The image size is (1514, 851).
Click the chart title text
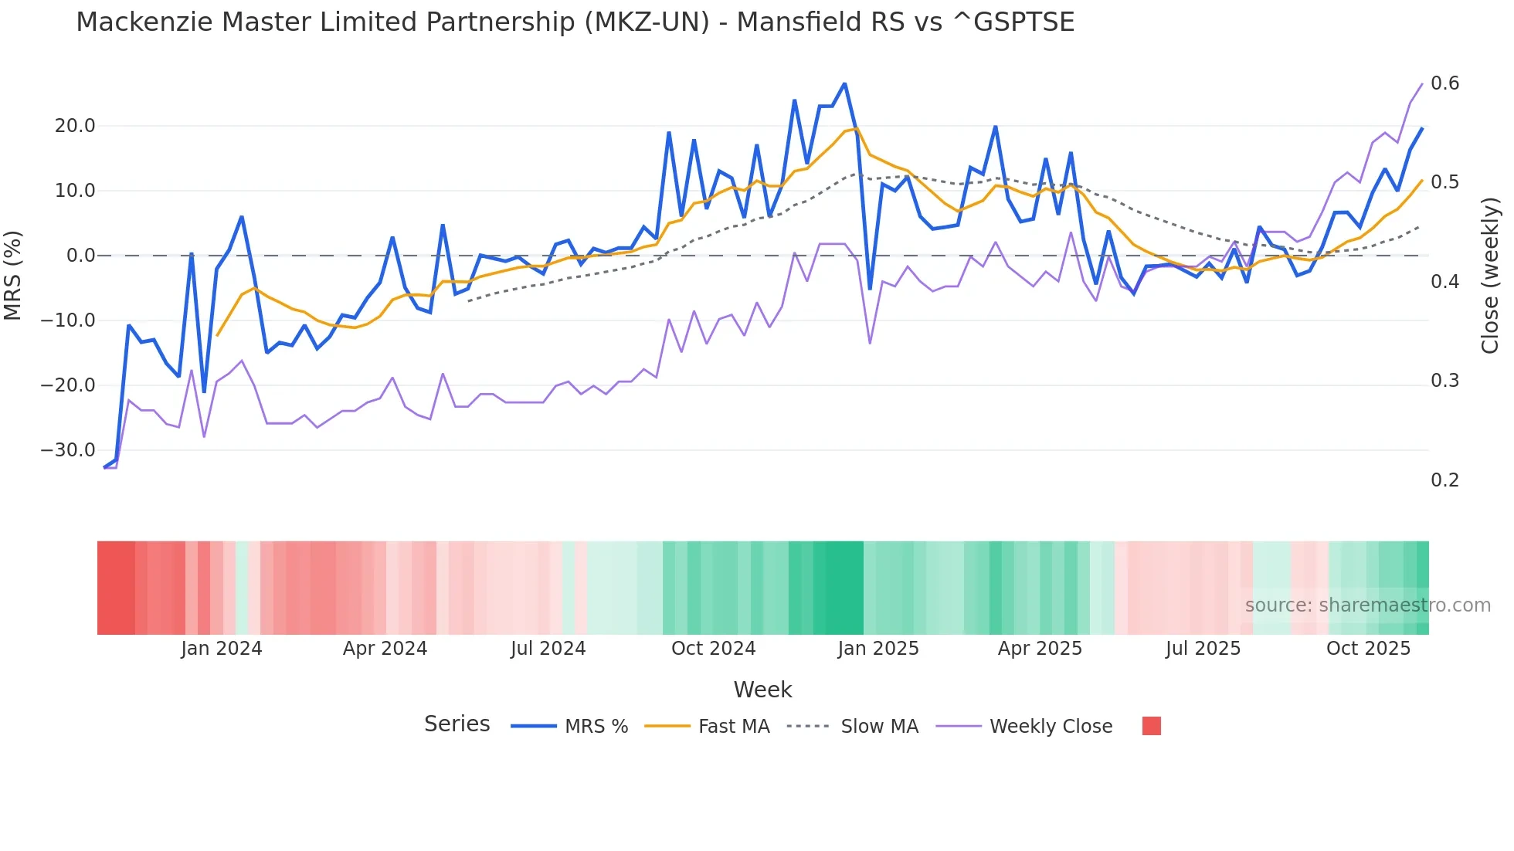point(575,22)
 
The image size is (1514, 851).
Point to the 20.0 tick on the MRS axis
point(75,126)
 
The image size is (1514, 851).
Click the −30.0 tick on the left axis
point(69,450)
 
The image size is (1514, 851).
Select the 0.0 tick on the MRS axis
point(81,256)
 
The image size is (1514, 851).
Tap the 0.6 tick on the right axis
point(1444,83)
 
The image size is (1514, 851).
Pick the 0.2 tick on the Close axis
point(1444,480)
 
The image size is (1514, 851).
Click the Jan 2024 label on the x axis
point(222,649)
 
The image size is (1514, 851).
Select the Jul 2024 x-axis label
point(548,649)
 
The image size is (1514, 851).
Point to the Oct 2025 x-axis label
point(1368,649)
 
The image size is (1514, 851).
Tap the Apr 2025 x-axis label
point(1040,649)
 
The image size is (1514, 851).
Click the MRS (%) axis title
point(13,275)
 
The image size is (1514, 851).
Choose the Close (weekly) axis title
point(1490,276)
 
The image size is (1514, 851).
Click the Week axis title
point(762,690)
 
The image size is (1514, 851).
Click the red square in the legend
point(1151,726)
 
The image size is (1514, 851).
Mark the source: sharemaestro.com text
point(1367,605)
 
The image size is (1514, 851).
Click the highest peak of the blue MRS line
point(844,83)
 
